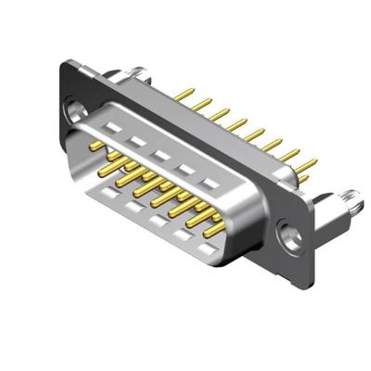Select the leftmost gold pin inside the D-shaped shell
(96, 146)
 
